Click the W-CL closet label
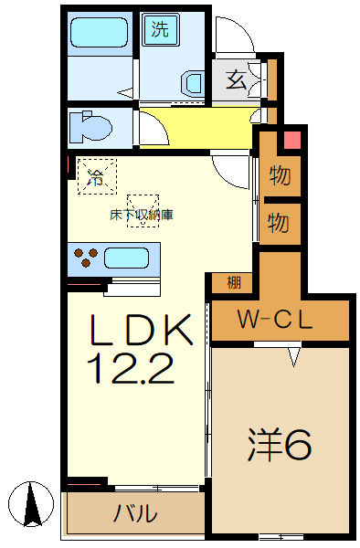coord(275,321)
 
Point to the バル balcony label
coord(134,513)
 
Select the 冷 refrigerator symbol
coord(96,177)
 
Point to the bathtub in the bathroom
coord(101,37)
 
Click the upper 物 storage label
coord(280,174)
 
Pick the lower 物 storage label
coord(280,221)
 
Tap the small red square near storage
coord(291,142)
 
